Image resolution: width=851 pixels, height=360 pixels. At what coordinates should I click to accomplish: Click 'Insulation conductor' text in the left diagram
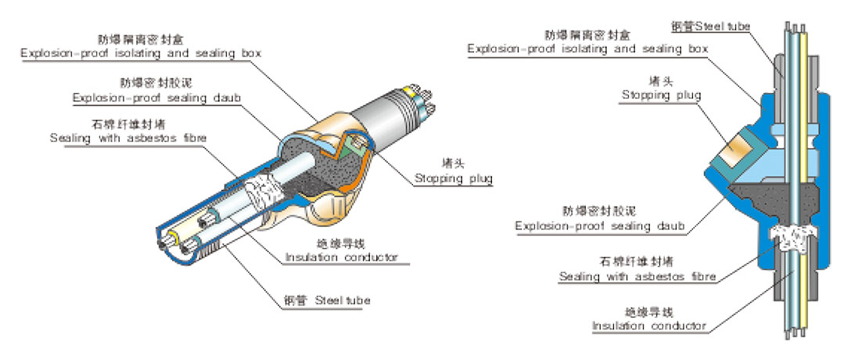(342, 257)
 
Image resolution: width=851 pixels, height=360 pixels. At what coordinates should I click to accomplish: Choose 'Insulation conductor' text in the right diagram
(648, 326)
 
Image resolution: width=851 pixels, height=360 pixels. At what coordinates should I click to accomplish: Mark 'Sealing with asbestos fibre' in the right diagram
(638, 276)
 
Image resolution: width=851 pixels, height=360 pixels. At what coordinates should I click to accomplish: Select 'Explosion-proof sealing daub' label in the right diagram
(600, 227)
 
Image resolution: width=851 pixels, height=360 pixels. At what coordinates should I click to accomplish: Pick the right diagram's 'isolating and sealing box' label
(587, 49)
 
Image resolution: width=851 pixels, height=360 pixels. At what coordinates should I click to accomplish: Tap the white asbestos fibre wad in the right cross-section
(793, 236)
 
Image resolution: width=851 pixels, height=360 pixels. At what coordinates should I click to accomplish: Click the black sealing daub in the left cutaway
(321, 160)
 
